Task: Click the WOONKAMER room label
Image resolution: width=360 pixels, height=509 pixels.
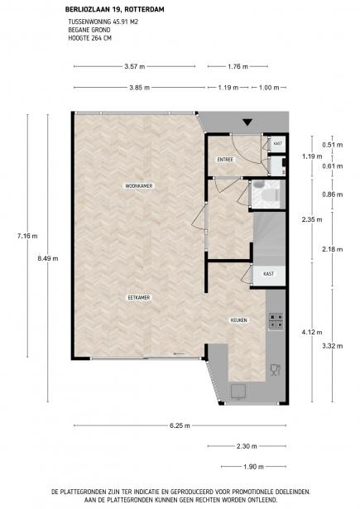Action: pyautogui.click(x=139, y=186)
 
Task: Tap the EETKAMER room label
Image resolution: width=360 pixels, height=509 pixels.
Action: pyautogui.click(x=139, y=297)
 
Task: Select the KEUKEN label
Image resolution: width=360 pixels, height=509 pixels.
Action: pyautogui.click(x=238, y=320)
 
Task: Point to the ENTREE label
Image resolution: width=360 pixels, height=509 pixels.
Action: pyautogui.click(x=225, y=160)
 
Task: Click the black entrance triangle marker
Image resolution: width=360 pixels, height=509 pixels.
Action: pyautogui.click(x=247, y=122)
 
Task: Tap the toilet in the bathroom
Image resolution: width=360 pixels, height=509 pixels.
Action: pyautogui.click(x=268, y=195)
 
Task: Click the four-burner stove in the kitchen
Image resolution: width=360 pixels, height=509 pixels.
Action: pyautogui.click(x=276, y=321)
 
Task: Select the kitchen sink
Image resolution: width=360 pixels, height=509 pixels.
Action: pyautogui.click(x=238, y=391)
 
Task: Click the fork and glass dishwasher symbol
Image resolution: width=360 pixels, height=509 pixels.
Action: pyautogui.click(x=276, y=370)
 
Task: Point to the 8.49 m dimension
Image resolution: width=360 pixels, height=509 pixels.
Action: pyautogui.click(x=48, y=259)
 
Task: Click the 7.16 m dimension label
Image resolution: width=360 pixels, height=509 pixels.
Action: pyautogui.click(x=27, y=236)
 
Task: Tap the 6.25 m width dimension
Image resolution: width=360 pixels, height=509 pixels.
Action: pyautogui.click(x=180, y=425)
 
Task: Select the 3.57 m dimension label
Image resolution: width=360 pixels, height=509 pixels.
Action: pyautogui.click(x=134, y=66)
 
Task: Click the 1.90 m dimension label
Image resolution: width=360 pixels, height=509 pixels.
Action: pyautogui.click(x=253, y=467)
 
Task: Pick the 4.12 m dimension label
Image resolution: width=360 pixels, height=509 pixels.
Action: pyautogui.click(x=312, y=332)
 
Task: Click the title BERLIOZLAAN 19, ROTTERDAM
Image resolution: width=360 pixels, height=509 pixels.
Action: pyautogui.click(x=114, y=9)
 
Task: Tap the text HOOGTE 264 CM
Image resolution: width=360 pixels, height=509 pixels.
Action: pyautogui.click(x=89, y=38)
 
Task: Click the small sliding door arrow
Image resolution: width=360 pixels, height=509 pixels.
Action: pyautogui.click(x=180, y=354)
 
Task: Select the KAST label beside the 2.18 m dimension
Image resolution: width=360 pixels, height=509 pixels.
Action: pyautogui.click(x=268, y=274)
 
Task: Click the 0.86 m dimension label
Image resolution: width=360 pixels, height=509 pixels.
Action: pyautogui.click(x=333, y=194)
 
